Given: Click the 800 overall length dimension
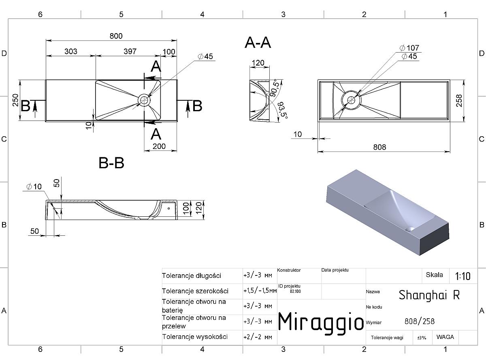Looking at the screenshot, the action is coord(116,36).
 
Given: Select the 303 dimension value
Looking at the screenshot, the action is coord(71,51).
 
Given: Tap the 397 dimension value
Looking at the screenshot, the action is coord(130,51).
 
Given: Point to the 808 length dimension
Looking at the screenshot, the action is coord(379,147).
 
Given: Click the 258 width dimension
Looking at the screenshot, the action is coord(459,101).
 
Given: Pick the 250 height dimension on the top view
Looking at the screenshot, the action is coord(15,100).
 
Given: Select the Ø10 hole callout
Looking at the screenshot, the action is coord(34,186).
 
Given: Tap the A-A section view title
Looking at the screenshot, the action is coord(258,42).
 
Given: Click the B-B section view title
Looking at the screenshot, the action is coord(111,163).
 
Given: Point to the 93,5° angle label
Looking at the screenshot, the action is coord(283,110).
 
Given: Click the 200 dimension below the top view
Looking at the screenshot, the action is coord(159,146).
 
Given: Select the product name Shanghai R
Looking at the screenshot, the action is coord(429,295).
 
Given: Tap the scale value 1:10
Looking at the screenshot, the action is coord(463,276).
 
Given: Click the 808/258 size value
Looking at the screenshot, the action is coord(420,322).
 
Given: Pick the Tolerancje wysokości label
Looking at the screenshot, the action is coord(195,337).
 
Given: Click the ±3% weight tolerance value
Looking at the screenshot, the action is coord(422,338).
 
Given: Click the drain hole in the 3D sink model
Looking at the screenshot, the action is coord(410,229).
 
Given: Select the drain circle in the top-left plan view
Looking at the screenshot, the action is coord(144,100).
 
